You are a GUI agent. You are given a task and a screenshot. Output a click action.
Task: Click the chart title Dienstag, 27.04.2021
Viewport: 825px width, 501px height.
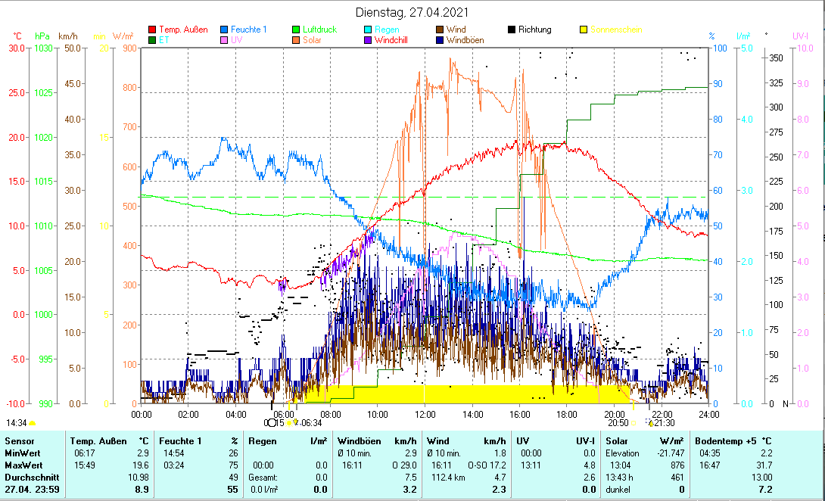tap(412, 12)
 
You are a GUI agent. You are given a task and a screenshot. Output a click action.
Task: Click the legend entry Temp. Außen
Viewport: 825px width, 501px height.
tap(182, 30)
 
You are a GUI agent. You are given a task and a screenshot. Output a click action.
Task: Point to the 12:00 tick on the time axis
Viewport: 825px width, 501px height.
tap(425, 414)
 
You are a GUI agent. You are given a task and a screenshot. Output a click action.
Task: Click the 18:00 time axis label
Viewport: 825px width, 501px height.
tap(567, 414)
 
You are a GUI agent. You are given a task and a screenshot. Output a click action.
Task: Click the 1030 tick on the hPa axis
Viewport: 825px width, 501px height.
tap(45, 48)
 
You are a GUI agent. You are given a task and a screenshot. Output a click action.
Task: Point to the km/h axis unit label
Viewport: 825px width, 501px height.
tap(67, 36)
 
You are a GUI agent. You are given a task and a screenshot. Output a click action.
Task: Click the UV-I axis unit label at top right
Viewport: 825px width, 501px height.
tap(801, 36)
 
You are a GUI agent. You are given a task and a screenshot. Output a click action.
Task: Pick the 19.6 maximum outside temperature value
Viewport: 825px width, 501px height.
tap(140, 465)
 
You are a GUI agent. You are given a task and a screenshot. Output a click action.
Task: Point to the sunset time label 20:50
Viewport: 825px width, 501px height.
tap(618, 422)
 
